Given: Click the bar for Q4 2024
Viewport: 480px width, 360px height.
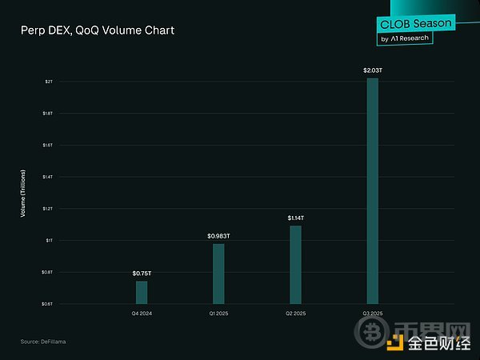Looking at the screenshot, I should click(142, 292).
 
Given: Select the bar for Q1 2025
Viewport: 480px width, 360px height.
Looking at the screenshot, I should click(218, 274).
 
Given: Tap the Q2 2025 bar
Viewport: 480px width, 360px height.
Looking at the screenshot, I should click(295, 265).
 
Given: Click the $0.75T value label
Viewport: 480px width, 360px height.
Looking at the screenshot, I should click(142, 274).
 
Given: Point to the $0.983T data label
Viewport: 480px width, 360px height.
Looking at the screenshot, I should click(218, 236).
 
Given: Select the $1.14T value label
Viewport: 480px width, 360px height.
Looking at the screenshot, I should click(295, 218).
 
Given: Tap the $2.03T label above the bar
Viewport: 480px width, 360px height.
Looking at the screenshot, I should click(372, 70).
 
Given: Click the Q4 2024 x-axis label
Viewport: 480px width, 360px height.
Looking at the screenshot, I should click(142, 313).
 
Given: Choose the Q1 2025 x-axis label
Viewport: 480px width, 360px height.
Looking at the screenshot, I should click(218, 313).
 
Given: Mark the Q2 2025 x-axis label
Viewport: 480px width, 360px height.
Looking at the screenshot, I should click(295, 313).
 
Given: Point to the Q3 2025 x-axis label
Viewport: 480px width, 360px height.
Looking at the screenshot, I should click(372, 313).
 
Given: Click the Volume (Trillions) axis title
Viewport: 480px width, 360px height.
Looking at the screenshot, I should click(23, 193).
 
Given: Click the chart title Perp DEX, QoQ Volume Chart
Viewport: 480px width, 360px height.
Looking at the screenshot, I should click(98, 30).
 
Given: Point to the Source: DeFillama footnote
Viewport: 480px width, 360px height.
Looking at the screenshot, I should click(43, 342).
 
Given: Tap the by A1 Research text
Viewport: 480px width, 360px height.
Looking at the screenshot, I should click(404, 38).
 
